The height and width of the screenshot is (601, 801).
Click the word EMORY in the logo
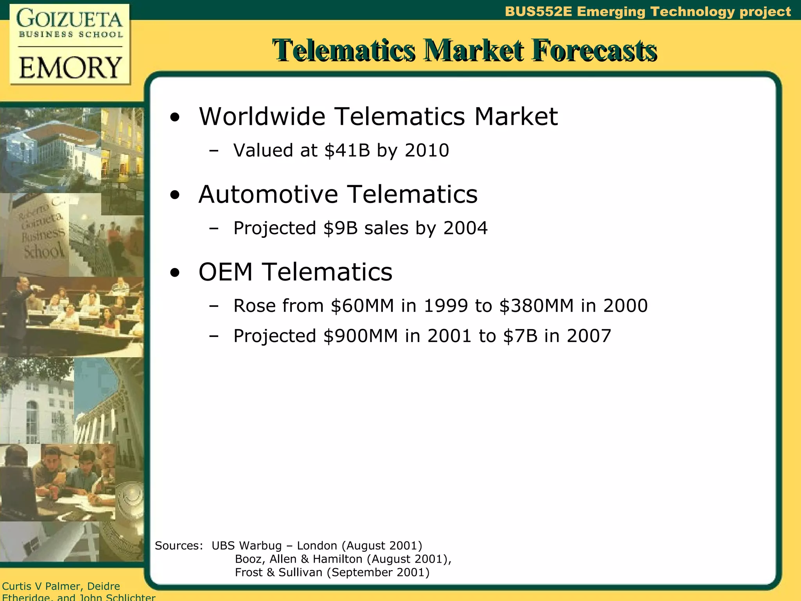pos(70,68)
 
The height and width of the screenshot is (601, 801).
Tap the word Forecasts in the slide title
pos(594,50)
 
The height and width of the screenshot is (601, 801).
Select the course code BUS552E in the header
pos(538,11)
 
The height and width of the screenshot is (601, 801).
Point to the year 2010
pos(427,151)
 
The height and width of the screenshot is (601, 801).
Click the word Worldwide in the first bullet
pos(262,117)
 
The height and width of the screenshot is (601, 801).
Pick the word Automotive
pos(268,194)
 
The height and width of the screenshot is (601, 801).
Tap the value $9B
pos(340,228)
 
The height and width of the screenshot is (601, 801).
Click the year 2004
pos(465,228)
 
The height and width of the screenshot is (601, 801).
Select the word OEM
pos(225,272)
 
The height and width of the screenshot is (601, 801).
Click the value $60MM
pos(362,306)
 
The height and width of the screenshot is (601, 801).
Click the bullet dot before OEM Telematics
pos(175,273)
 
